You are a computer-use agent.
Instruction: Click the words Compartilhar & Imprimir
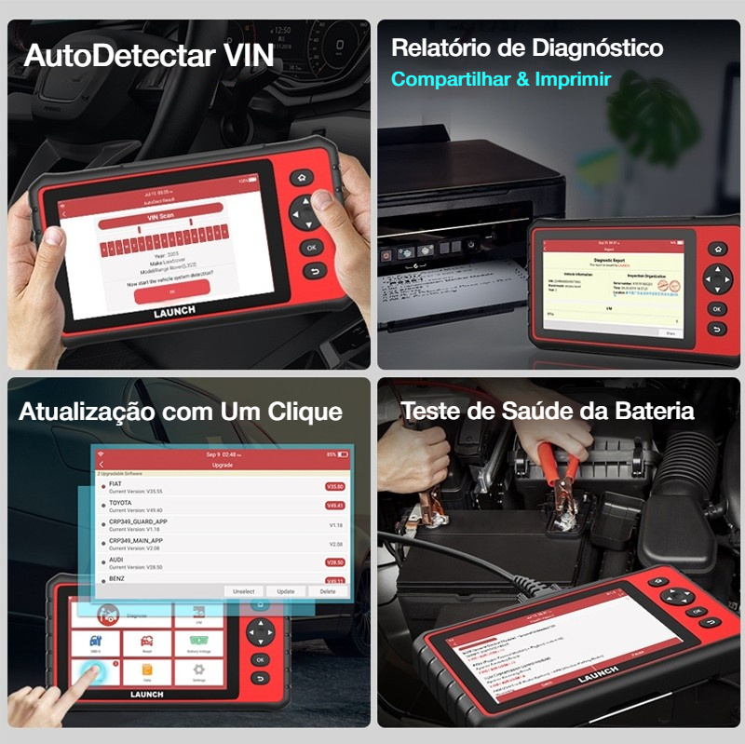500,79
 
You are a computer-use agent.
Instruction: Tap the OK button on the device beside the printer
716,308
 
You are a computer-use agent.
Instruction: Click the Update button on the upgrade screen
286,591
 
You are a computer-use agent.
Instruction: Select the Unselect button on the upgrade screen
243,591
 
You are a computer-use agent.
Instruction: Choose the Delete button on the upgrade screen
328,591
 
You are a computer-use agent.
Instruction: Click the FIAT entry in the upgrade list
115,485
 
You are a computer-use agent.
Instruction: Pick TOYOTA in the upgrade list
121,504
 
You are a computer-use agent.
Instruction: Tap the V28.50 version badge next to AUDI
334,562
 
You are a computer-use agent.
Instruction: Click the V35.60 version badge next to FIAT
334,487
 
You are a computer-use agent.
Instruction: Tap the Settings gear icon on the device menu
198,671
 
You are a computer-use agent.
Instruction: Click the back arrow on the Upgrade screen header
102,464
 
